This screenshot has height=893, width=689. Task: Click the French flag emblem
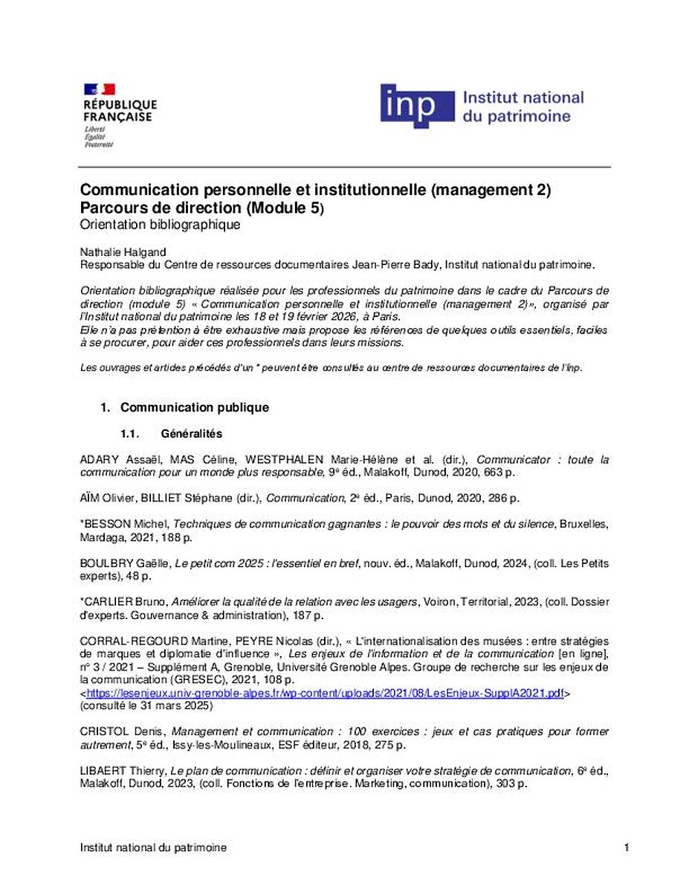(x=99, y=89)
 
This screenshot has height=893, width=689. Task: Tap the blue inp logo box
(x=417, y=106)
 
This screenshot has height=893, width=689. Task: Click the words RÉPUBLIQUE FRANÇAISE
(x=120, y=110)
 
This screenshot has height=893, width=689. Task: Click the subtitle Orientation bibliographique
(x=160, y=225)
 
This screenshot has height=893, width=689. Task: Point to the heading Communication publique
(x=194, y=408)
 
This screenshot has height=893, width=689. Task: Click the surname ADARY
(x=100, y=460)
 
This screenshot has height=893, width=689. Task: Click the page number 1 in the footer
(x=627, y=848)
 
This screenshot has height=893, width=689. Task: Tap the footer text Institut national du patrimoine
(x=152, y=848)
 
